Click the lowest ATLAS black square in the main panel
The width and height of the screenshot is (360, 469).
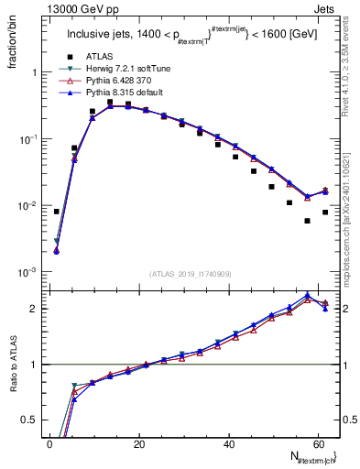pyautogui.click(x=307, y=221)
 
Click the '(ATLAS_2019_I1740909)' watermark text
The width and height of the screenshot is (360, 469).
pyautogui.click(x=191, y=273)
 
